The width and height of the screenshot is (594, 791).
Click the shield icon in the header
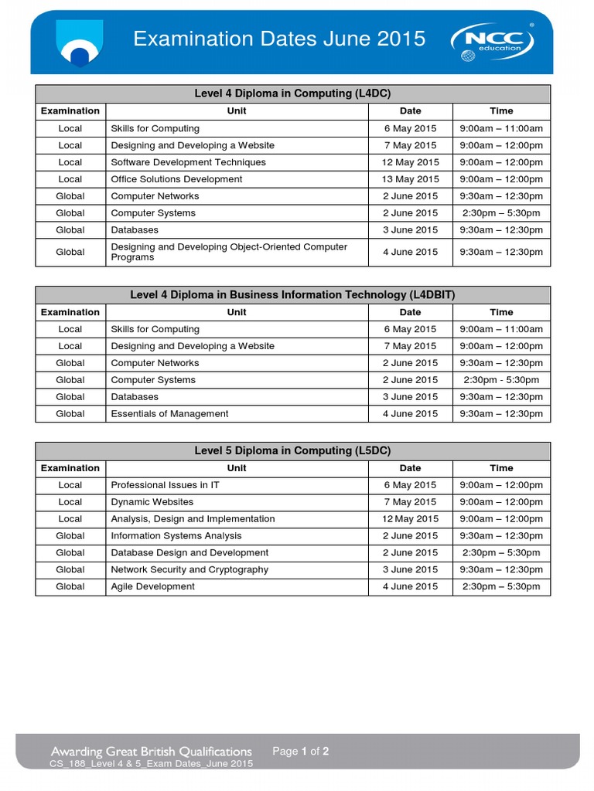[x=78, y=43]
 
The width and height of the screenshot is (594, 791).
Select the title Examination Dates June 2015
[x=279, y=39]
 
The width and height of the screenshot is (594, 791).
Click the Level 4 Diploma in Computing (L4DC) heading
[x=292, y=93]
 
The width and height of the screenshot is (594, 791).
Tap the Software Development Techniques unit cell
[x=188, y=162]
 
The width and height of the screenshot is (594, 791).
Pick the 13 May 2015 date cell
[x=410, y=179]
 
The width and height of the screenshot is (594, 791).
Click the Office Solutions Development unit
[x=176, y=179]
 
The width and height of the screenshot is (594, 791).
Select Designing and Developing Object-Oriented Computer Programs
[x=229, y=252]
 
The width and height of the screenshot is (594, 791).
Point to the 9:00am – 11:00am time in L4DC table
[x=501, y=128]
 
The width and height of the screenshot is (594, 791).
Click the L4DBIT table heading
[x=292, y=295]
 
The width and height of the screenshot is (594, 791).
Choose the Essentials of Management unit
[x=169, y=414]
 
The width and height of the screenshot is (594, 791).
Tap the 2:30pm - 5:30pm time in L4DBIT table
[x=501, y=380]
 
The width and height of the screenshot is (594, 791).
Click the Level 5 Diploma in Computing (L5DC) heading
[x=292, y=451]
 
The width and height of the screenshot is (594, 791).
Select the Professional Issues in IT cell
[x=165, y=485]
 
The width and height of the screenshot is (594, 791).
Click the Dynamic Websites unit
[x=152, y=502]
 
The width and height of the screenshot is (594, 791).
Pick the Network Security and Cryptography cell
[x=189, y=570]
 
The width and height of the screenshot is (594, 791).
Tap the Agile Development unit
[x=152, y=587]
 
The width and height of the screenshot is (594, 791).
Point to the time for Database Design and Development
[x=501, y=553]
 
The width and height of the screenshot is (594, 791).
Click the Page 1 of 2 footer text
[x=301, y=751]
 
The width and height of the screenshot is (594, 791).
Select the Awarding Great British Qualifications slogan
[x=152, y=752]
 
